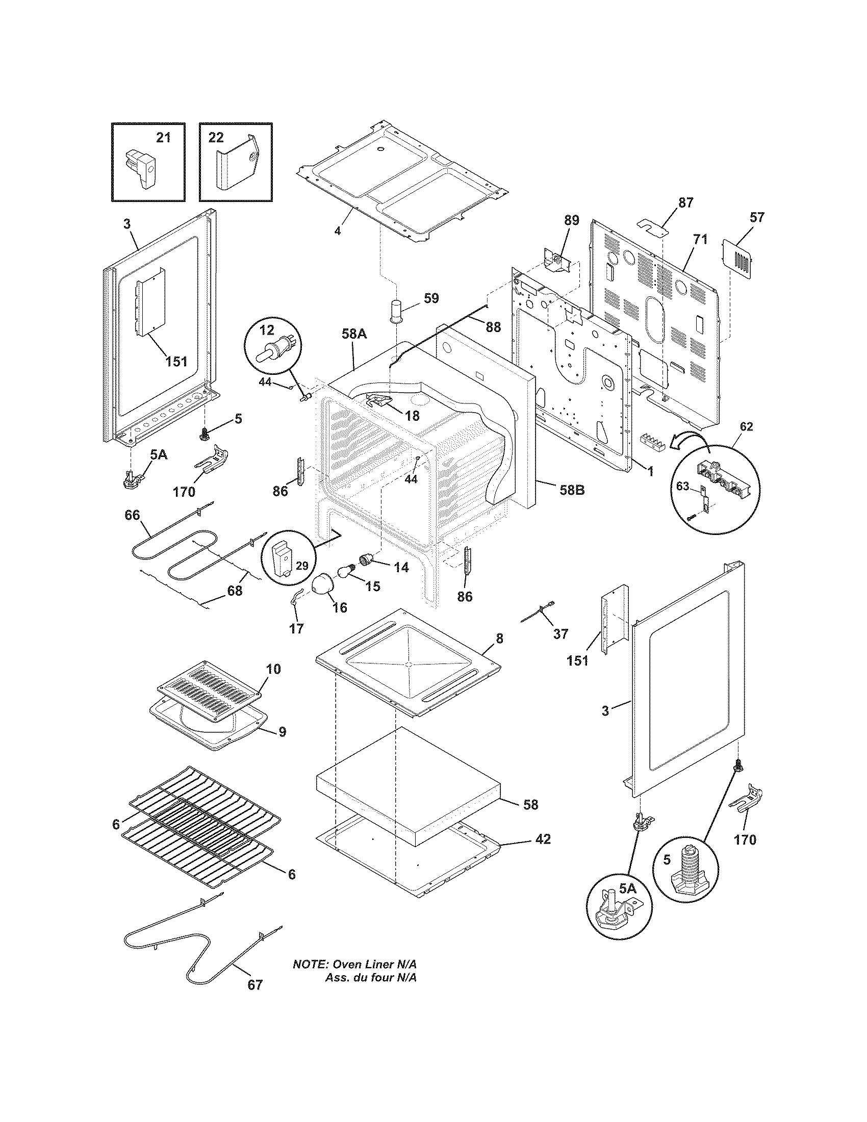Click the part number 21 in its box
[163, 138]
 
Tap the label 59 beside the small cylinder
[431, 298]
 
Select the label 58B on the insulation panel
[572, 490]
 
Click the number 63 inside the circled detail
[681, 486]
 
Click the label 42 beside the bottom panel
[543, 839]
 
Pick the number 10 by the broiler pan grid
[273, 669]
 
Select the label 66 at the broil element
[133, 515]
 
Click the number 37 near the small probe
[560, 634]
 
